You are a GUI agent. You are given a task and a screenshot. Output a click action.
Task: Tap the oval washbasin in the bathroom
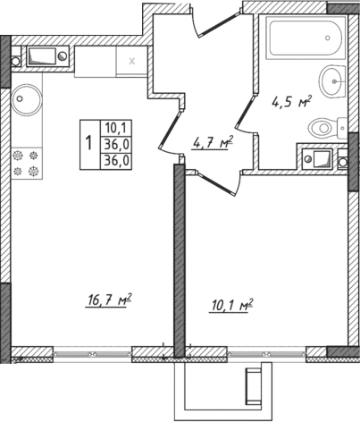point(334,81)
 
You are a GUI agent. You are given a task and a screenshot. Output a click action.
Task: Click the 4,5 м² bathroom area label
point(290,101)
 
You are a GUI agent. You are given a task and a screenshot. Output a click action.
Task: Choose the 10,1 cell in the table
point(114,127)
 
